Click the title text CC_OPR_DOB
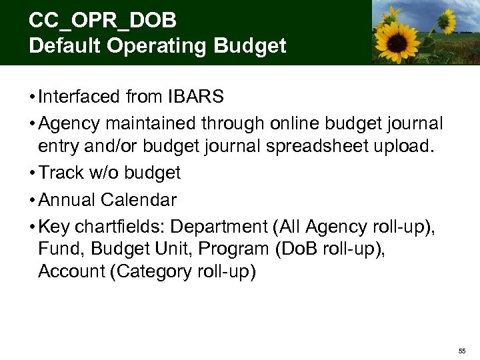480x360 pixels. click(103, 21)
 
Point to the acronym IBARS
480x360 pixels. click(197, 97)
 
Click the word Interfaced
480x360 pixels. click(79, 97)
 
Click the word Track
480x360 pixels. click(59, 173)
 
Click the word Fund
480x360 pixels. click(60, 249)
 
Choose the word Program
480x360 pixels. click(227, 249)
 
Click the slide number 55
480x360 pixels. click(461, 351)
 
